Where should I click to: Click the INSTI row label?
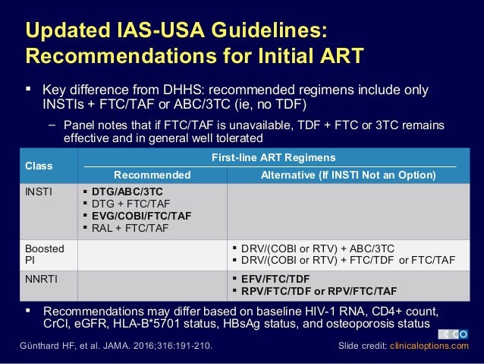pos(39,191)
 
